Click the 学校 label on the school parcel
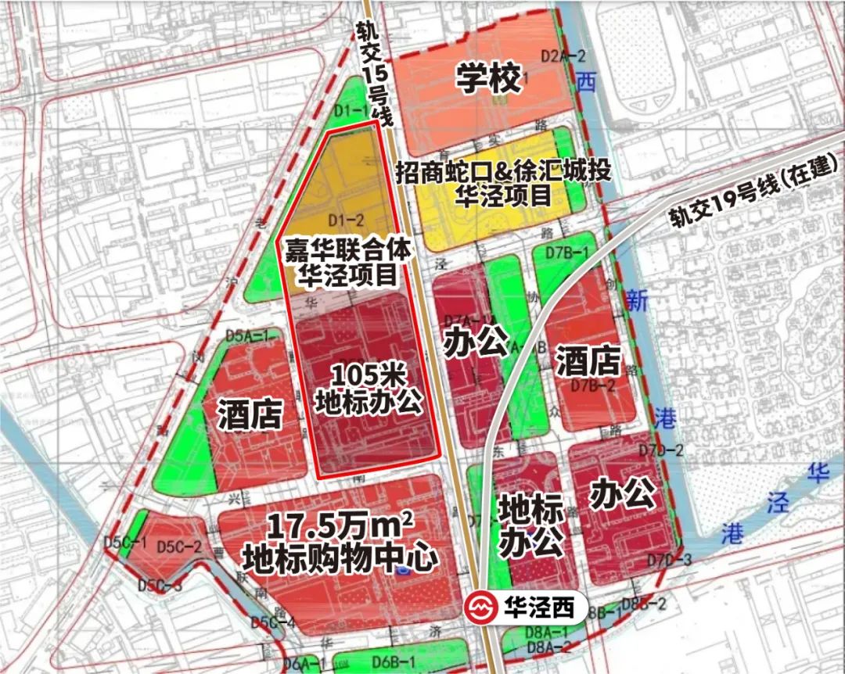tap(490, 79)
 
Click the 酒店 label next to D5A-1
tap(250, 414)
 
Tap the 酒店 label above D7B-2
tap(588, 361)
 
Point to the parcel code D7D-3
tap(670, 559)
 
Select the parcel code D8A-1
tap(552, 632)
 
